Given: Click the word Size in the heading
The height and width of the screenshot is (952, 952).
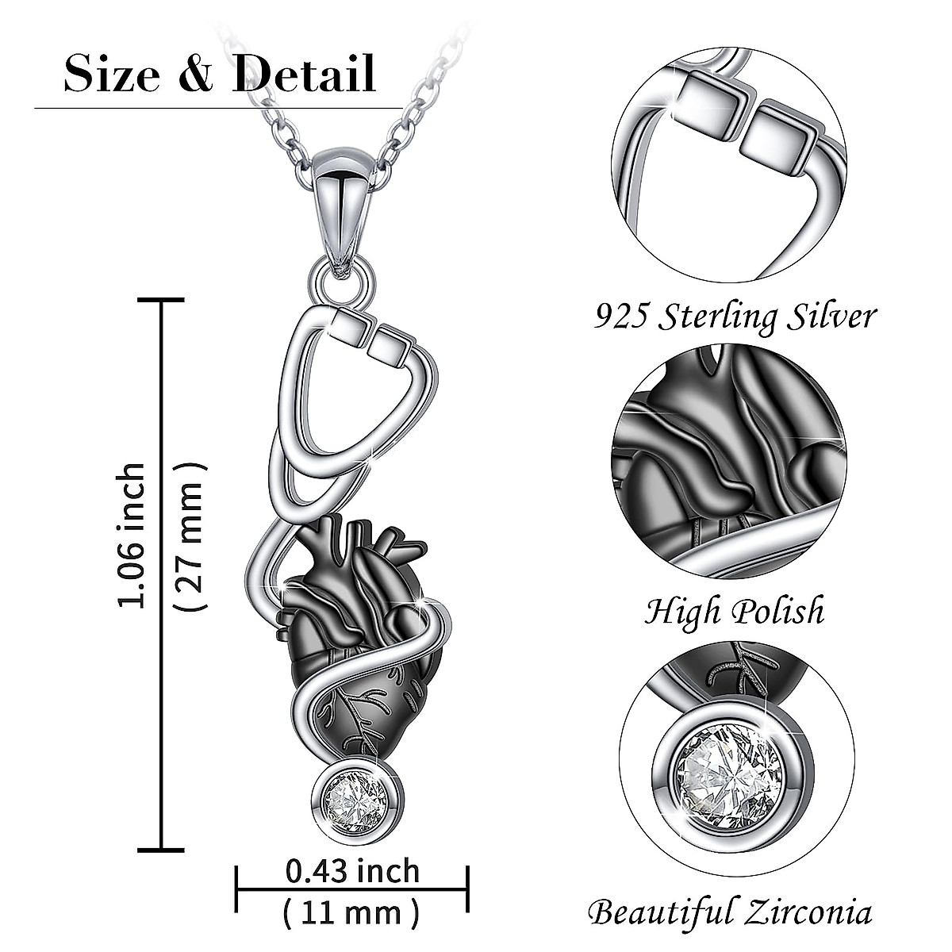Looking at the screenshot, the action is [x=112, y=74].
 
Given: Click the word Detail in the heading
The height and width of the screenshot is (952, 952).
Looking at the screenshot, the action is [x=304, y=73].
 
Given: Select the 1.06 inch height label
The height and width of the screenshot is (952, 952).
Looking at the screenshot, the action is [x=132, y=535].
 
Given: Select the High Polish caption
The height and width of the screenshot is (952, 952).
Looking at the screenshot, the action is [x=735, y=611].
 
